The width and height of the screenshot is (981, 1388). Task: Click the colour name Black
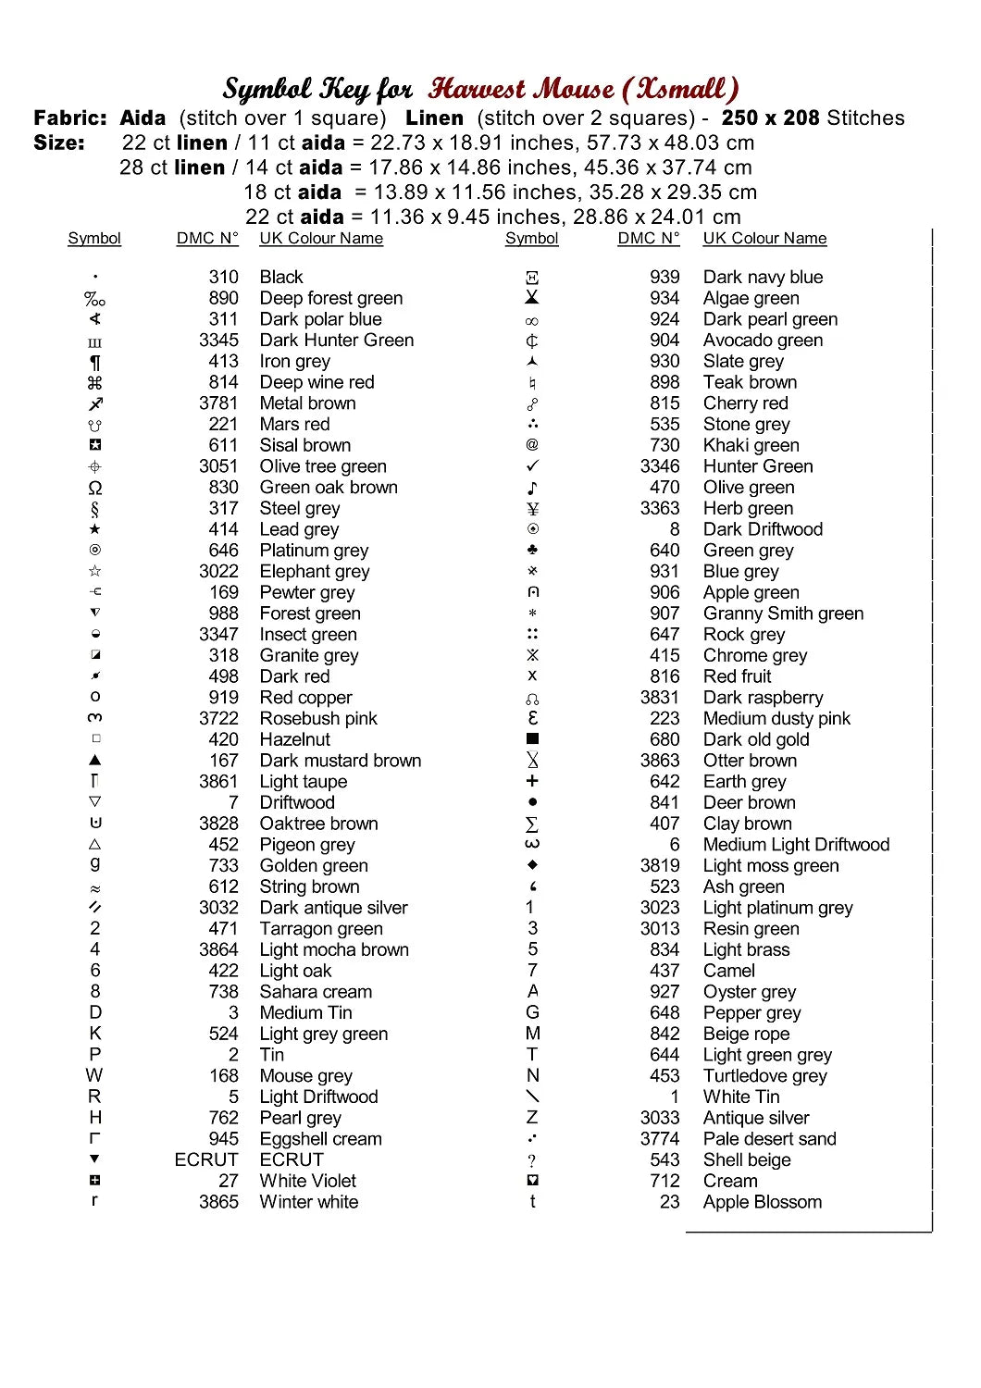[x=281, y=277]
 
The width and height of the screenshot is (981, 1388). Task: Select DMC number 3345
[x=218, y=341]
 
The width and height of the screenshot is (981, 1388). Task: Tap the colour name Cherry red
[x=745, y=403]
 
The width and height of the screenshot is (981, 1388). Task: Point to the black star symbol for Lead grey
[x=94, y=529]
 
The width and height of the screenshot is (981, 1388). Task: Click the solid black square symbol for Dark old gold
[x=532, y=739]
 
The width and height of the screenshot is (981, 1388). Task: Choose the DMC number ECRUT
[x=206, y=1159]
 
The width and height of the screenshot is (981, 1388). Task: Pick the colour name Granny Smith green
[x=783, y=613]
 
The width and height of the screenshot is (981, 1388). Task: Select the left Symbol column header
[x=94, y=239]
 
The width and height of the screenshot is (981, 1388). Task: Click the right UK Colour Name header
[x=764, y=239]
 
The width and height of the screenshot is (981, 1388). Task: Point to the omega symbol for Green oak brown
[x=94, y=488]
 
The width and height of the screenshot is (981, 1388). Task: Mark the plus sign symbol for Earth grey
[x=532, y=781]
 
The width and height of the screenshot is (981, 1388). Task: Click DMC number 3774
[x=660, y=1139]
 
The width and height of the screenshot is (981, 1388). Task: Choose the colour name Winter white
[x=309, y=1202]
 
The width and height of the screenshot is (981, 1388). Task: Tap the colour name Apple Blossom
[x=762, y=1202]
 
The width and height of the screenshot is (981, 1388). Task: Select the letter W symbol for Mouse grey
[x=94, y=1075]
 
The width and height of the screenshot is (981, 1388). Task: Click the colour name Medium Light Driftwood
[x=796, y=845]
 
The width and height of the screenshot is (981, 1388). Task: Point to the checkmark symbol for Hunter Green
[x=532, y=466]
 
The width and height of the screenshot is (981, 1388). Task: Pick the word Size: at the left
[x=59, y=143]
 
